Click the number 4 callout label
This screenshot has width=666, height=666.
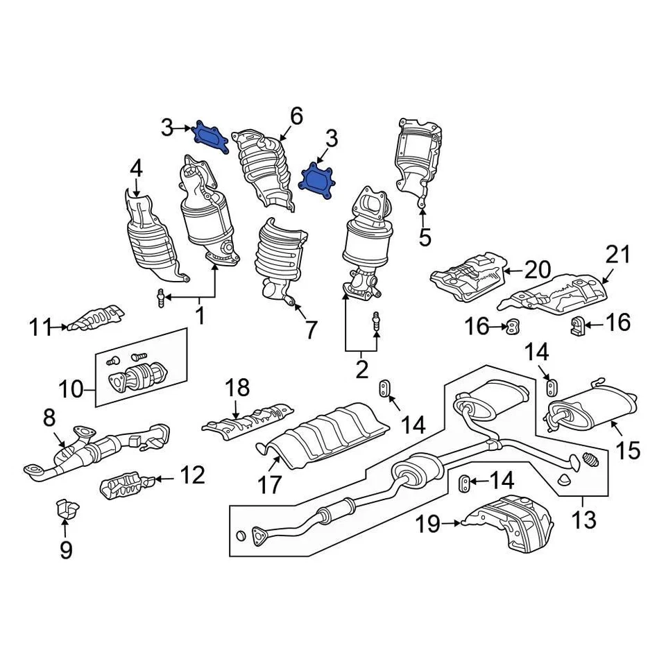coord(136,168)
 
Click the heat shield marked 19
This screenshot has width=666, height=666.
coord(511,522)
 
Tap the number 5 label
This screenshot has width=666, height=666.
coord(424,237)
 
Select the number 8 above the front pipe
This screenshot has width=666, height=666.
coord(49,418)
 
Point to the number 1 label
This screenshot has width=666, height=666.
coord(200,316)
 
